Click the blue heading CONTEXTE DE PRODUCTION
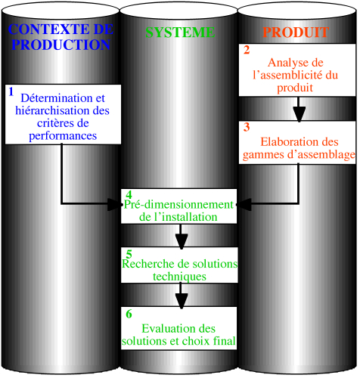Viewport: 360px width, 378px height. pyautogui.click(x=61, y=37)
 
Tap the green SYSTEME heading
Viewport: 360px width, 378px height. pyautogui.click(x=180, y=33)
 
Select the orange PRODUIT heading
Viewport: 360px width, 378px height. pyautogui.click(x=296, y=32)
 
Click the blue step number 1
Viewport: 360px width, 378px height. pyautogui.click(x=11, y=91)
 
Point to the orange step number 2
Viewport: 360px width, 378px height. pyautogui.click(x=247, y=50)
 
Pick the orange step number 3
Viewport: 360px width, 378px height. pyautogui.click(x=247, y=127)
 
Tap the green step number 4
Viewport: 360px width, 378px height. pyautogui.click(x=129, y=195)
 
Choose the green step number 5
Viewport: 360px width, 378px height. pyautogui.click(x=129, y=254)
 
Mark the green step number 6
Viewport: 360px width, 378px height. pyautogui.click(x=129, y=314)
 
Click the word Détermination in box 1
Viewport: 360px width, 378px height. pyautogui.click(x=57, y=98)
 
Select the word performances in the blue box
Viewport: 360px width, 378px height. pyautogui.click(x=63, y=136)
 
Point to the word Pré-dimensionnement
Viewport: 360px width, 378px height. pyautogui.click(x=178, y=205)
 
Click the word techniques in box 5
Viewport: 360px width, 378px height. pyautogui.click(x=179, y=277)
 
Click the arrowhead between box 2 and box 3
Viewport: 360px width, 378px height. pyautogui.click(x=299, y=114)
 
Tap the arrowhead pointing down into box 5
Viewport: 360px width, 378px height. pyautogui.click(x=182, y=241)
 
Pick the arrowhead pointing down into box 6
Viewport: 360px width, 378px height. pyautogui.click(x=182, y=301)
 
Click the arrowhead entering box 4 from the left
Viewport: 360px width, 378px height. pyautogui.click(x=115, y=204)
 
